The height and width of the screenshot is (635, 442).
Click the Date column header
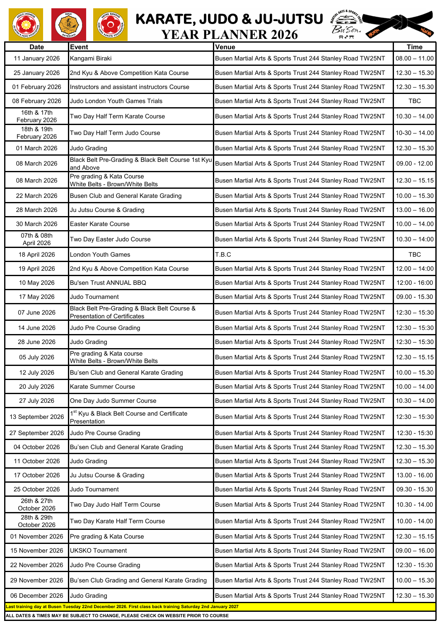(36, 47)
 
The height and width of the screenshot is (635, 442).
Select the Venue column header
(225, 47)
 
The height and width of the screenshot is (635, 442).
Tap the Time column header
(414, 47)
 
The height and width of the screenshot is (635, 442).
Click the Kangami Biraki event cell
(91, 58)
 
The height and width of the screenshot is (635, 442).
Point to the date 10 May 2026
(36, 283)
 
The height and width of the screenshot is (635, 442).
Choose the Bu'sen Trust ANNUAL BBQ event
(108, 283)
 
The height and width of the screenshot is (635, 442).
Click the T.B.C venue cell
(223, 255)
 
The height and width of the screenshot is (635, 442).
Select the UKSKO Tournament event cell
(99, 551)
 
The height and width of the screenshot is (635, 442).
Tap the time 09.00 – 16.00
(414, 551)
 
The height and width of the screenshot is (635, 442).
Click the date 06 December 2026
(36, 596)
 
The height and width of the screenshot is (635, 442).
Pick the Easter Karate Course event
(100, 224)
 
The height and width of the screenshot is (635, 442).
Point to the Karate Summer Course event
(102, 387)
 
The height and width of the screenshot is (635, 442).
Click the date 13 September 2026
(36, 417)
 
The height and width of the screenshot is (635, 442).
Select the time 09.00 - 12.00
(414, 164)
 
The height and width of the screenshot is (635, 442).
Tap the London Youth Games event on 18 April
(100, 255)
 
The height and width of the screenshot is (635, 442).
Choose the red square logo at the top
(69, 25)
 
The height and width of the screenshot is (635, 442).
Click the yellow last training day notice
(122, 606)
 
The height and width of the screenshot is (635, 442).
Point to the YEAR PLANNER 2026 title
(229, 35)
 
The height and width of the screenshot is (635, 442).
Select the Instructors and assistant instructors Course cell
(130, 87)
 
